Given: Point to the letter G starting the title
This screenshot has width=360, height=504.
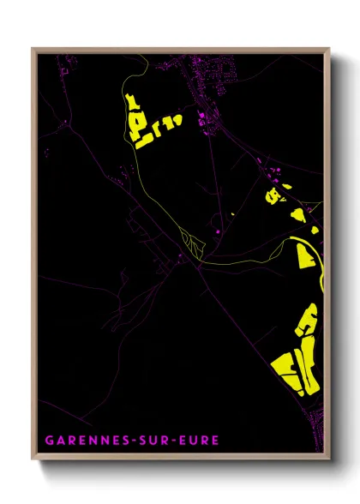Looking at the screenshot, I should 50,440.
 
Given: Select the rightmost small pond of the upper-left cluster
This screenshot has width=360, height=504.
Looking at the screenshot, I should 177,119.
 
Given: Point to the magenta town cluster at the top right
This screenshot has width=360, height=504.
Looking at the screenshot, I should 214,73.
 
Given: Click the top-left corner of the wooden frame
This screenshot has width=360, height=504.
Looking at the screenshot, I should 33,48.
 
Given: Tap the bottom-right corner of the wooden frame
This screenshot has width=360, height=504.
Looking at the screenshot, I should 329,459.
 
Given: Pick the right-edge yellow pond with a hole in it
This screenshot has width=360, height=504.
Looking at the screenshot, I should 273,195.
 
